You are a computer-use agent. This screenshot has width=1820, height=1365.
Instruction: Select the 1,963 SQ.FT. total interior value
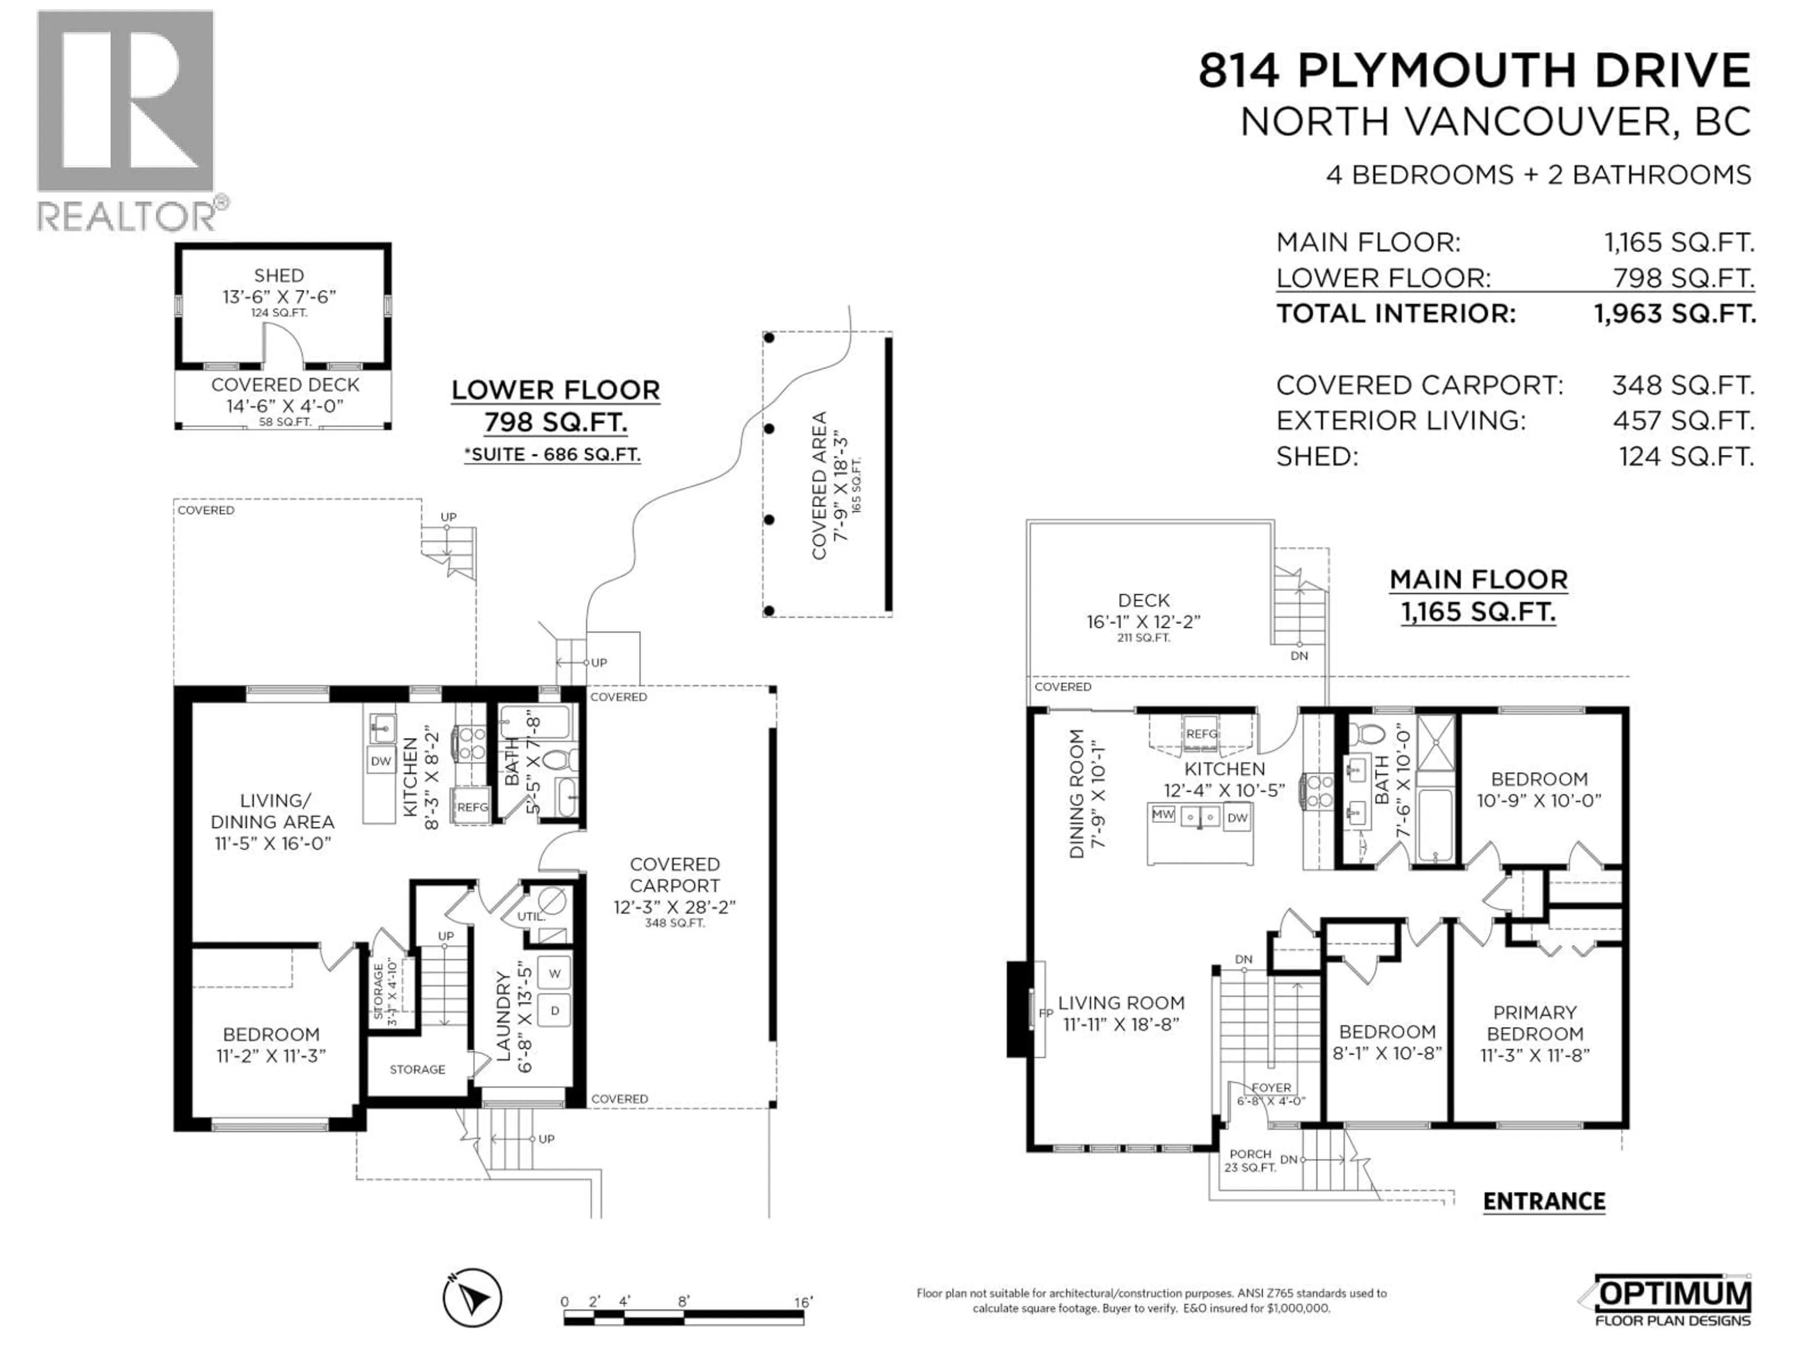click(x=1674, y=313)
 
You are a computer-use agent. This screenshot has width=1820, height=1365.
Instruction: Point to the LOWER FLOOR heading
click(x=555, y=390)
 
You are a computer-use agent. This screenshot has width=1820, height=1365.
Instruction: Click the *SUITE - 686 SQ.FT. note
click(x=552, y=454)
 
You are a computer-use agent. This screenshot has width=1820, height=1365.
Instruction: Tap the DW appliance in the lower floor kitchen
click(x=380, y=761)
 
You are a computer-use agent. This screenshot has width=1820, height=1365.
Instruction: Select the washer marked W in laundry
click(x=555, y=974)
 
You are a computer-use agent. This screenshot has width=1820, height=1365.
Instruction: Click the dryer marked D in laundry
click(x=555, y=1010)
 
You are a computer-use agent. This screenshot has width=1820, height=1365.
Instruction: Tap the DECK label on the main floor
click(x=1144, y=601)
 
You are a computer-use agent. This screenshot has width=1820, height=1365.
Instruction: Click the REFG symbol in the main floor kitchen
click(x=1201, y=734)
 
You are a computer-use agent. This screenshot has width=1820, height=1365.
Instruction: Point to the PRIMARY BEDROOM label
click(x=1535, y=1023)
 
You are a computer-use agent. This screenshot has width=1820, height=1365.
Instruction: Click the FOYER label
click(x=1271, y=1088)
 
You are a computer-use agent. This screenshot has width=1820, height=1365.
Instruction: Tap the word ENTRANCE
click(x=1544, y=1201)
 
